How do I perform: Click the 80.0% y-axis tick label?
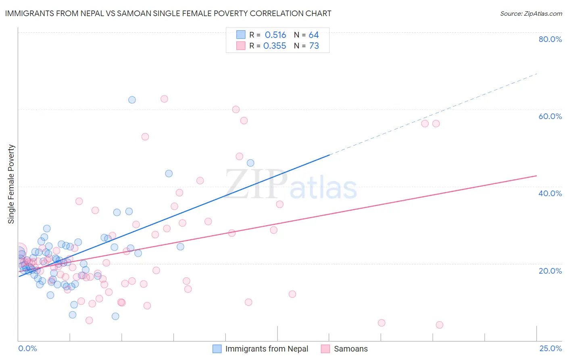[550, 39]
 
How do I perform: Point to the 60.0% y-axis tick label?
[550, 116]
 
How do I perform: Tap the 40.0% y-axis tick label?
[550, 193]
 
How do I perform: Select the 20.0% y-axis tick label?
[550, 270]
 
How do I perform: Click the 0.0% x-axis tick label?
[27, 348]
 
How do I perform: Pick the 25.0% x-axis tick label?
[550, 348]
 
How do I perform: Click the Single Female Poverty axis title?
[11, 184]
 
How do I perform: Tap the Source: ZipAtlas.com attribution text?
[531, 13]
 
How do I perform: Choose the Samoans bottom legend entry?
[350, 349]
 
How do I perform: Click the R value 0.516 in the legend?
[275, 35]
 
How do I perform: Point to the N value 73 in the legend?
[314, 46]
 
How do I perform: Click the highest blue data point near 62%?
[132, 100]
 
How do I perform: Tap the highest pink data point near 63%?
[164, 99]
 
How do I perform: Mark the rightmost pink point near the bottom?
[440, 325]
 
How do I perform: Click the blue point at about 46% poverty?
[250, 163]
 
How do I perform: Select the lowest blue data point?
[115, 316]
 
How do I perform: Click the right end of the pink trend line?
[536, 176]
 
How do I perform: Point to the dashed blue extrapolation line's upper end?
[537, 73]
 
